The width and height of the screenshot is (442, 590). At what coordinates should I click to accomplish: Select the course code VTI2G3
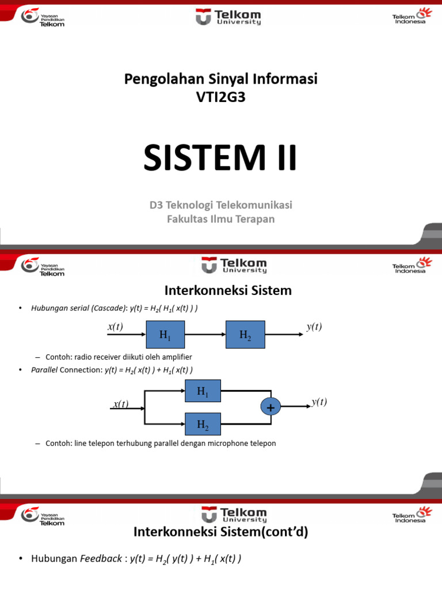[x=220, y=97]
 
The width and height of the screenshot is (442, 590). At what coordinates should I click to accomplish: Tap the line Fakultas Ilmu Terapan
[x=220, y=219]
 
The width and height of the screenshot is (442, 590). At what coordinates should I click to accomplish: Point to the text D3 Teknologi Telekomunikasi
[x=220, y=205]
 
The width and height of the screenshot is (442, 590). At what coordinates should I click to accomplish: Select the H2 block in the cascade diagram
[x=245, y=335]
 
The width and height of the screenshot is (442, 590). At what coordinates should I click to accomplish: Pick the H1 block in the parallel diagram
[x=203, y=391]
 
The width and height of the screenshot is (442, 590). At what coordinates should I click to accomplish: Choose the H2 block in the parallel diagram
[x=203, y=425]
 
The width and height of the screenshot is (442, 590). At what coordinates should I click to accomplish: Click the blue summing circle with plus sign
[x=269, y=408]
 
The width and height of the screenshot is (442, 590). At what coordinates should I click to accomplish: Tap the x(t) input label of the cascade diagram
[x=115, y=327]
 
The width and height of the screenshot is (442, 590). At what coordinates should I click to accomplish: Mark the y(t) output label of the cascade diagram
[x=314, y=327]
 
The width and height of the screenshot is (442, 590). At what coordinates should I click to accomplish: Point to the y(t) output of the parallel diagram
[x=319, y=402]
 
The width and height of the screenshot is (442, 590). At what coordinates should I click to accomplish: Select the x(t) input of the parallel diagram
[x=120, y=404]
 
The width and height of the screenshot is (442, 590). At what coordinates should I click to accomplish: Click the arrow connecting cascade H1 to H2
[x=204, y=335]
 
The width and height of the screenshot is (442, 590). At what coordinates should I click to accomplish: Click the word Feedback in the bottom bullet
[x=101, y=559]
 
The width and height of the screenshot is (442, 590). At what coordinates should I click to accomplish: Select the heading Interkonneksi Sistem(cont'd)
[x=220, y=532]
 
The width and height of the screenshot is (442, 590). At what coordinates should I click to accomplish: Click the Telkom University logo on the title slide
[x=228, y=17]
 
